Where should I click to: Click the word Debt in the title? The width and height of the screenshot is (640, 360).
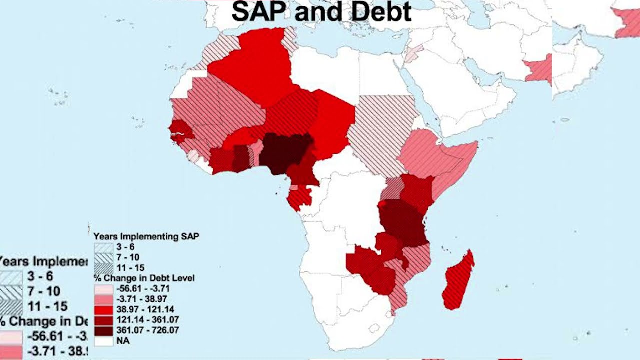coord(379,12)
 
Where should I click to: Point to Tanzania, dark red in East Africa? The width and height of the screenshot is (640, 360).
coord(404,222)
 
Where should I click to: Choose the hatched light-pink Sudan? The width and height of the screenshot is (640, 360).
coord(382,130)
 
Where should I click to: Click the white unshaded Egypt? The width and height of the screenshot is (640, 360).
coord(380,75)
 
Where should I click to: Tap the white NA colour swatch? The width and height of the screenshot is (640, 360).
coord(103,341)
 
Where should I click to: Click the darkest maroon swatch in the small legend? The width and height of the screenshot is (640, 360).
coord(103,330)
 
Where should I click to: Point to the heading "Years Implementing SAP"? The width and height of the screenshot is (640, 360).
coord(146,236)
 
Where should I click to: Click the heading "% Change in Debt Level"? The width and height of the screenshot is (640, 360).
coord(144,278)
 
